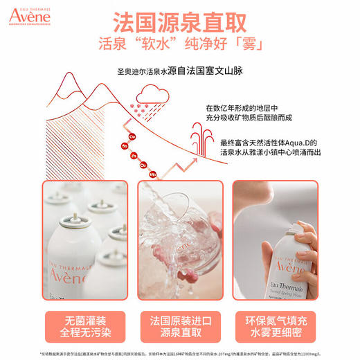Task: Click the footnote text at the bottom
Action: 180,354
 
